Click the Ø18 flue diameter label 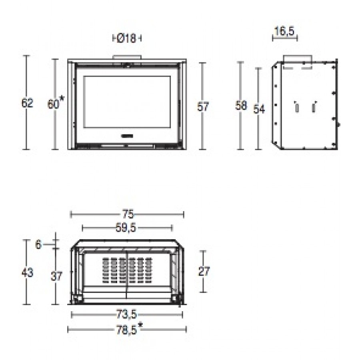[x=126, y=38]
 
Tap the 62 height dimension [x=27, y=103]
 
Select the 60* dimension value [x=56, y=103]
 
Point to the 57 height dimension [x=203, y=107]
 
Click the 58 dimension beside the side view [x=241, y=106]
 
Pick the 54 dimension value [x=259, y=109]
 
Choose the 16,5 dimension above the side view [x=284, y=31]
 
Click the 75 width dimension [x=128, y=214]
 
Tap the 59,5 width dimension [x=126, y=228]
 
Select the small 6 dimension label [x=38, y=245]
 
